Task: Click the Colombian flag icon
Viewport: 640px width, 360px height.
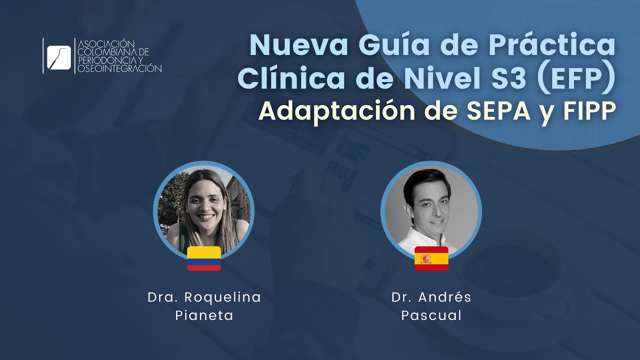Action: tap(204, 258)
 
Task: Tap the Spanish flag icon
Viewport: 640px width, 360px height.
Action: tap(431, 258)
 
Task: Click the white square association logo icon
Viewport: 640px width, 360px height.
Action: tap(59, 56)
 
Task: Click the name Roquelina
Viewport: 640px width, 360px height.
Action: tap(222, 297)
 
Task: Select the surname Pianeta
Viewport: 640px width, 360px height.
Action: tap(204, 316)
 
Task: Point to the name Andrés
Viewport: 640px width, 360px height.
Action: tap(445, 297)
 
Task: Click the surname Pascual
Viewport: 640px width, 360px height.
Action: tap(431, 316)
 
